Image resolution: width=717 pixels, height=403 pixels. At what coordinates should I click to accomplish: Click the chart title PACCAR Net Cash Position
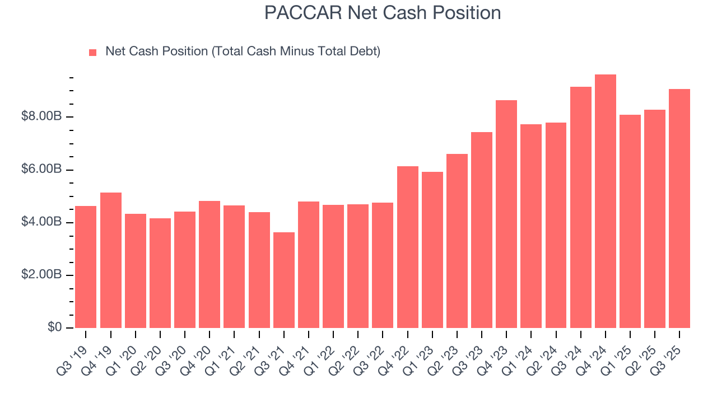point(383,13)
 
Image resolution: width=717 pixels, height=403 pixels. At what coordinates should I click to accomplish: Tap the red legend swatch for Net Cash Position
point(93,53)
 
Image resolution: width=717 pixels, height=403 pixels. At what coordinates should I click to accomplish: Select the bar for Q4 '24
point(606,201)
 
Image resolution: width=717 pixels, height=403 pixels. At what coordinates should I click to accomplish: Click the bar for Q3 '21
point(284,280)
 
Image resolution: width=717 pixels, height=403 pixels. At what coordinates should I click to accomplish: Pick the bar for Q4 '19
point(111,260)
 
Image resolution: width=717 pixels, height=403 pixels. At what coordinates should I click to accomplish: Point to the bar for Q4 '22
point(408,247)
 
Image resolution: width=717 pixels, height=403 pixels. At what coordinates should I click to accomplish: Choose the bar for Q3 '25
point(679,208)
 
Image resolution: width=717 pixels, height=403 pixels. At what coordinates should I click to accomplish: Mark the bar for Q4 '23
point(506,214)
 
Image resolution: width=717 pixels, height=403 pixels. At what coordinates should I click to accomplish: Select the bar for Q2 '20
point(160,273)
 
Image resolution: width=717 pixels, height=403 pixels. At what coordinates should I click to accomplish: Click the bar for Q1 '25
point(630,221)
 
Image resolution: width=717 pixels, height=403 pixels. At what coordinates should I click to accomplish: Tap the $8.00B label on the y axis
point(41,116)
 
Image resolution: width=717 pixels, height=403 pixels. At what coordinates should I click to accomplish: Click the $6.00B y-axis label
point(41,170)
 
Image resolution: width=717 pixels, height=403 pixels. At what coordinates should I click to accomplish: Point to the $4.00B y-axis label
point(41,222)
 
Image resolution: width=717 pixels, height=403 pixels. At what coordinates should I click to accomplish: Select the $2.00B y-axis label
point(41,275)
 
